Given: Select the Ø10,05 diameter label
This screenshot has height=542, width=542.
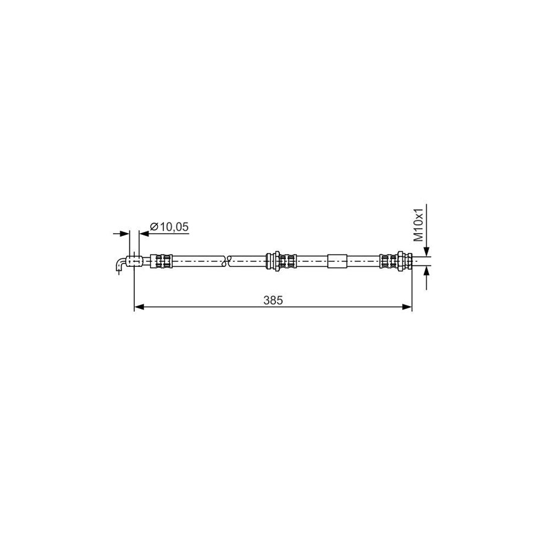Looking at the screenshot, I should (169, 226).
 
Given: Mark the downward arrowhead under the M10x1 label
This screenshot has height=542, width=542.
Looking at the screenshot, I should (426, 251).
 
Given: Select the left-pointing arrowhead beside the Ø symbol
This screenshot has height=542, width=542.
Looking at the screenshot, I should (143, 233).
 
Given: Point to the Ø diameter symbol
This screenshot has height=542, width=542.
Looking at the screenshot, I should (154, 226).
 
